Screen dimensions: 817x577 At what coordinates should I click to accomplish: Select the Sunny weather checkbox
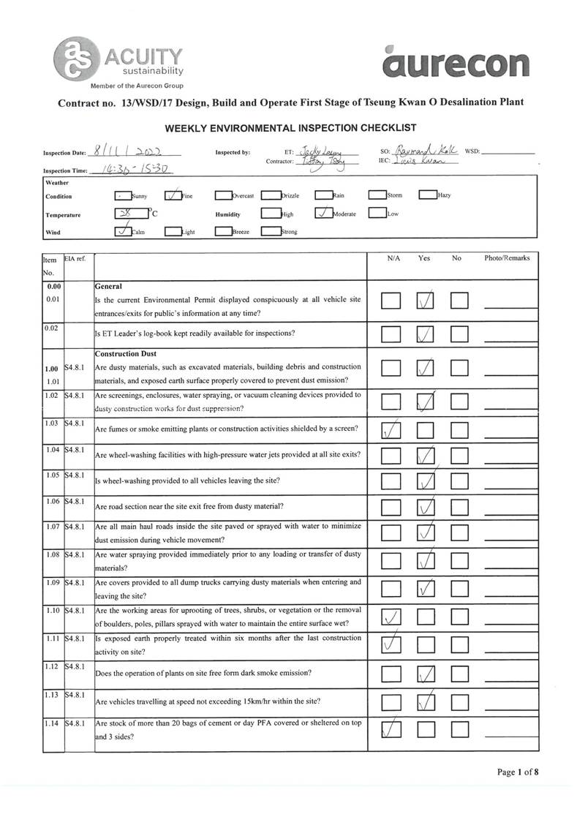click(x=123, y=196)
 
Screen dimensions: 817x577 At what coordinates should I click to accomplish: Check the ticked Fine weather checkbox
click(x=173, y=195)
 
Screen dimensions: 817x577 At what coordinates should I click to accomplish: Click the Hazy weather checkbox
click(x=427, y=195)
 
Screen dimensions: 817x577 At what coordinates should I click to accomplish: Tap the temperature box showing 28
click(x=129, y=214)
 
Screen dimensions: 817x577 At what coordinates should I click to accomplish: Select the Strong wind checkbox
click(x=271, y=232)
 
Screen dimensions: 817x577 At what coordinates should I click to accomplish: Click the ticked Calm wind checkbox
click(x=124, y=232)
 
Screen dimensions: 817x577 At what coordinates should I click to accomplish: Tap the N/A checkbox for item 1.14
click(x=391, y=729)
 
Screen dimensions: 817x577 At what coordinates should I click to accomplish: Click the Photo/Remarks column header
click(x=507, y=258)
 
